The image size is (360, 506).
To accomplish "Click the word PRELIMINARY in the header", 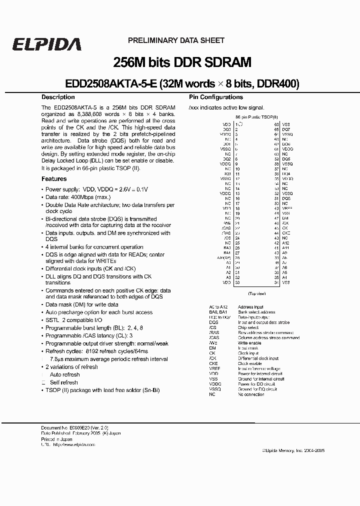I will [x=150, y=40].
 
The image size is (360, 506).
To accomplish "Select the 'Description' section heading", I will [x=58, y=97].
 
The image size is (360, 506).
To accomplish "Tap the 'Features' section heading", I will [x=54, y=178].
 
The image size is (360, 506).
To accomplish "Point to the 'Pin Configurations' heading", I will [x=215, y=97].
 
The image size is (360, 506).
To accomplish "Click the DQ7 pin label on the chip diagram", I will [x=285, y=129].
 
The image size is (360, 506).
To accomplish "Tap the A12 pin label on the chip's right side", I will [x=285, y=242].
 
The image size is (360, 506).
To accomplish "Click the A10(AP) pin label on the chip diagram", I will [x=224, y=257].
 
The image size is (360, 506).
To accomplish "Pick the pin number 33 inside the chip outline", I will [x=237, y=282].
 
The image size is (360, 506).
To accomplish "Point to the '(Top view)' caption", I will [x=257, y=293].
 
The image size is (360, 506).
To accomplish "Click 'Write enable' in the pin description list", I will [x=249, y=343].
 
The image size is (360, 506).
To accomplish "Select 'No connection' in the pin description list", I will [x=251, y=394].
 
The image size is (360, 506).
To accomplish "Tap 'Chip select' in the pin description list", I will [x=248, y=327].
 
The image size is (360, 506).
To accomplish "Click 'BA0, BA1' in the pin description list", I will [x=217, y=311].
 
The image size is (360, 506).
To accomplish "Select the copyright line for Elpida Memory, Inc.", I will [x=293, y=450].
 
